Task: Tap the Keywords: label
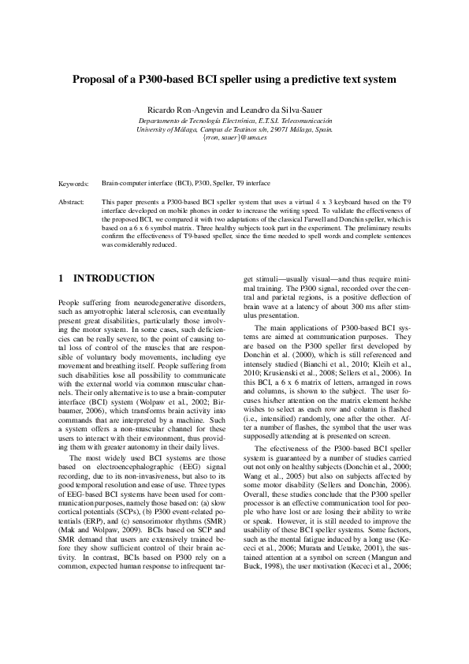(74, 183)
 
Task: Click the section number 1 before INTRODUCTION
(61, 278)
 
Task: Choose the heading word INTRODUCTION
(114, 278)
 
